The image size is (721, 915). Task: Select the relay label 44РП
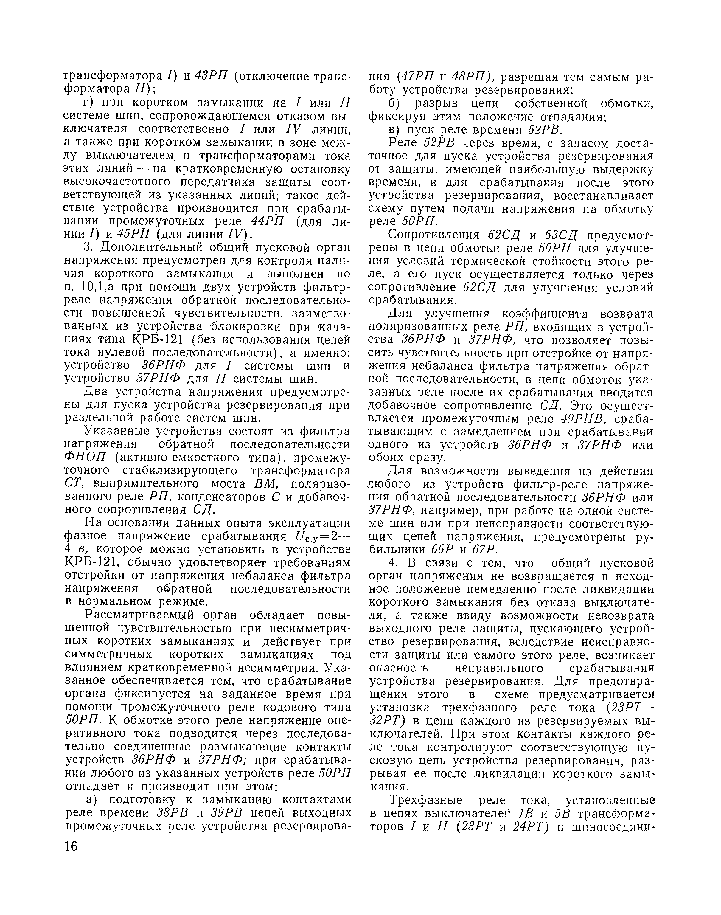coord(268,221)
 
